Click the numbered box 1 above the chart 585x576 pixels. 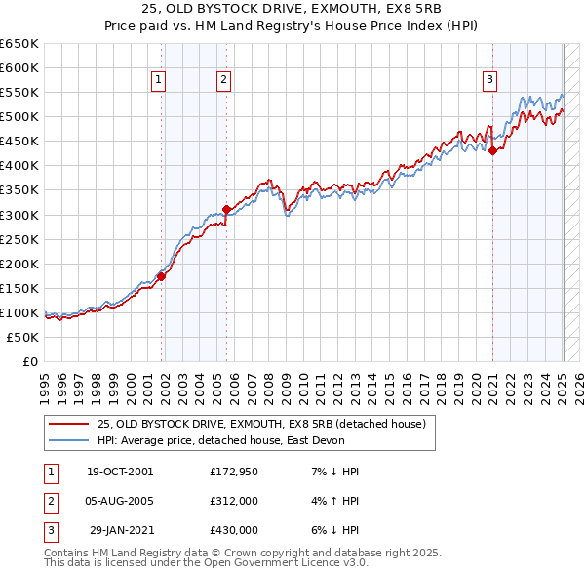[x=158, y=81]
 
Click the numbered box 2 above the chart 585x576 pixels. [x=223, y=81]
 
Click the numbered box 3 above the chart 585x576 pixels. [x=489, y=81]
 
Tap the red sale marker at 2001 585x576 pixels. [x=162, y=276]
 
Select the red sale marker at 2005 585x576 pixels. [x=226, y=209]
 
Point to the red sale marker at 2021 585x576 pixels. [x=492, y=150]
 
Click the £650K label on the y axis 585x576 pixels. [x=19, y=44]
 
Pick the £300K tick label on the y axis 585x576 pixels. [x=19, y=215]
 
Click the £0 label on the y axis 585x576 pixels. [x=30, y=361]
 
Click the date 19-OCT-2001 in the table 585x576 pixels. [x=120, y=472]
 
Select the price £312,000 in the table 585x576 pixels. [x=233, y=501]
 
